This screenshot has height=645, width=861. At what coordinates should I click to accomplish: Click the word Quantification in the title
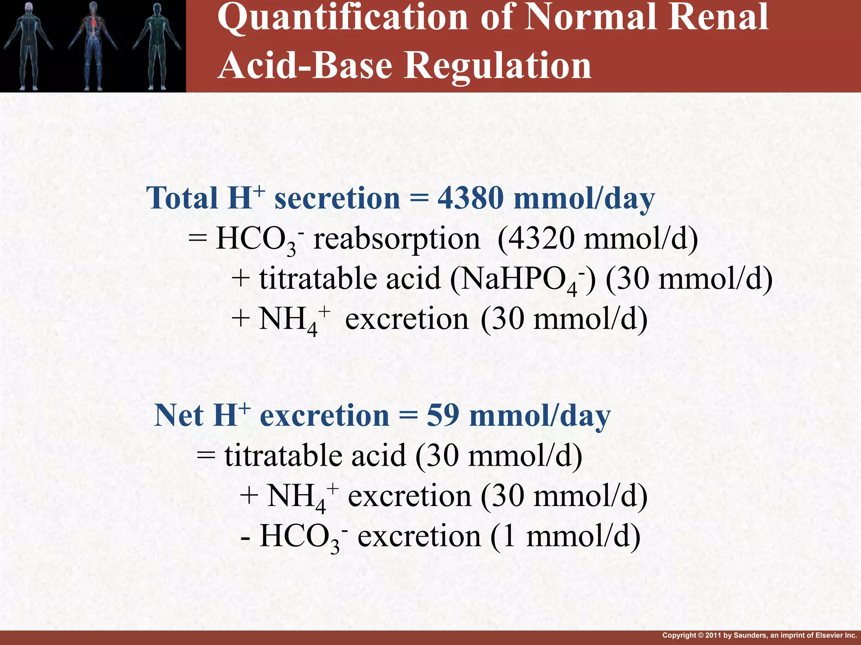click(x=343, y=18)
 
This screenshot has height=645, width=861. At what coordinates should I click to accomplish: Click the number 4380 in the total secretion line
click(x=470, y=198)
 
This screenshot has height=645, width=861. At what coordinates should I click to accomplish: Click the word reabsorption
click(x=396, y=239)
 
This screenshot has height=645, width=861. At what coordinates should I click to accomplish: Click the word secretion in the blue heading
click(x=337, y=198)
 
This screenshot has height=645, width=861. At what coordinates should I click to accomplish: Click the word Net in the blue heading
click(x=179, y=416)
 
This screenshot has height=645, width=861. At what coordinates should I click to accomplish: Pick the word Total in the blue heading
click(x=182, y=198)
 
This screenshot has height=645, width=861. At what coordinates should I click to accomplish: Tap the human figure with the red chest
click(x=93, y=45)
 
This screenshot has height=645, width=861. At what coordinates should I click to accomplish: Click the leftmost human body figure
click(x=28, y=45)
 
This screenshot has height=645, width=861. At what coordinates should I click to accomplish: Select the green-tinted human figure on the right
click(x=157, y=45)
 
